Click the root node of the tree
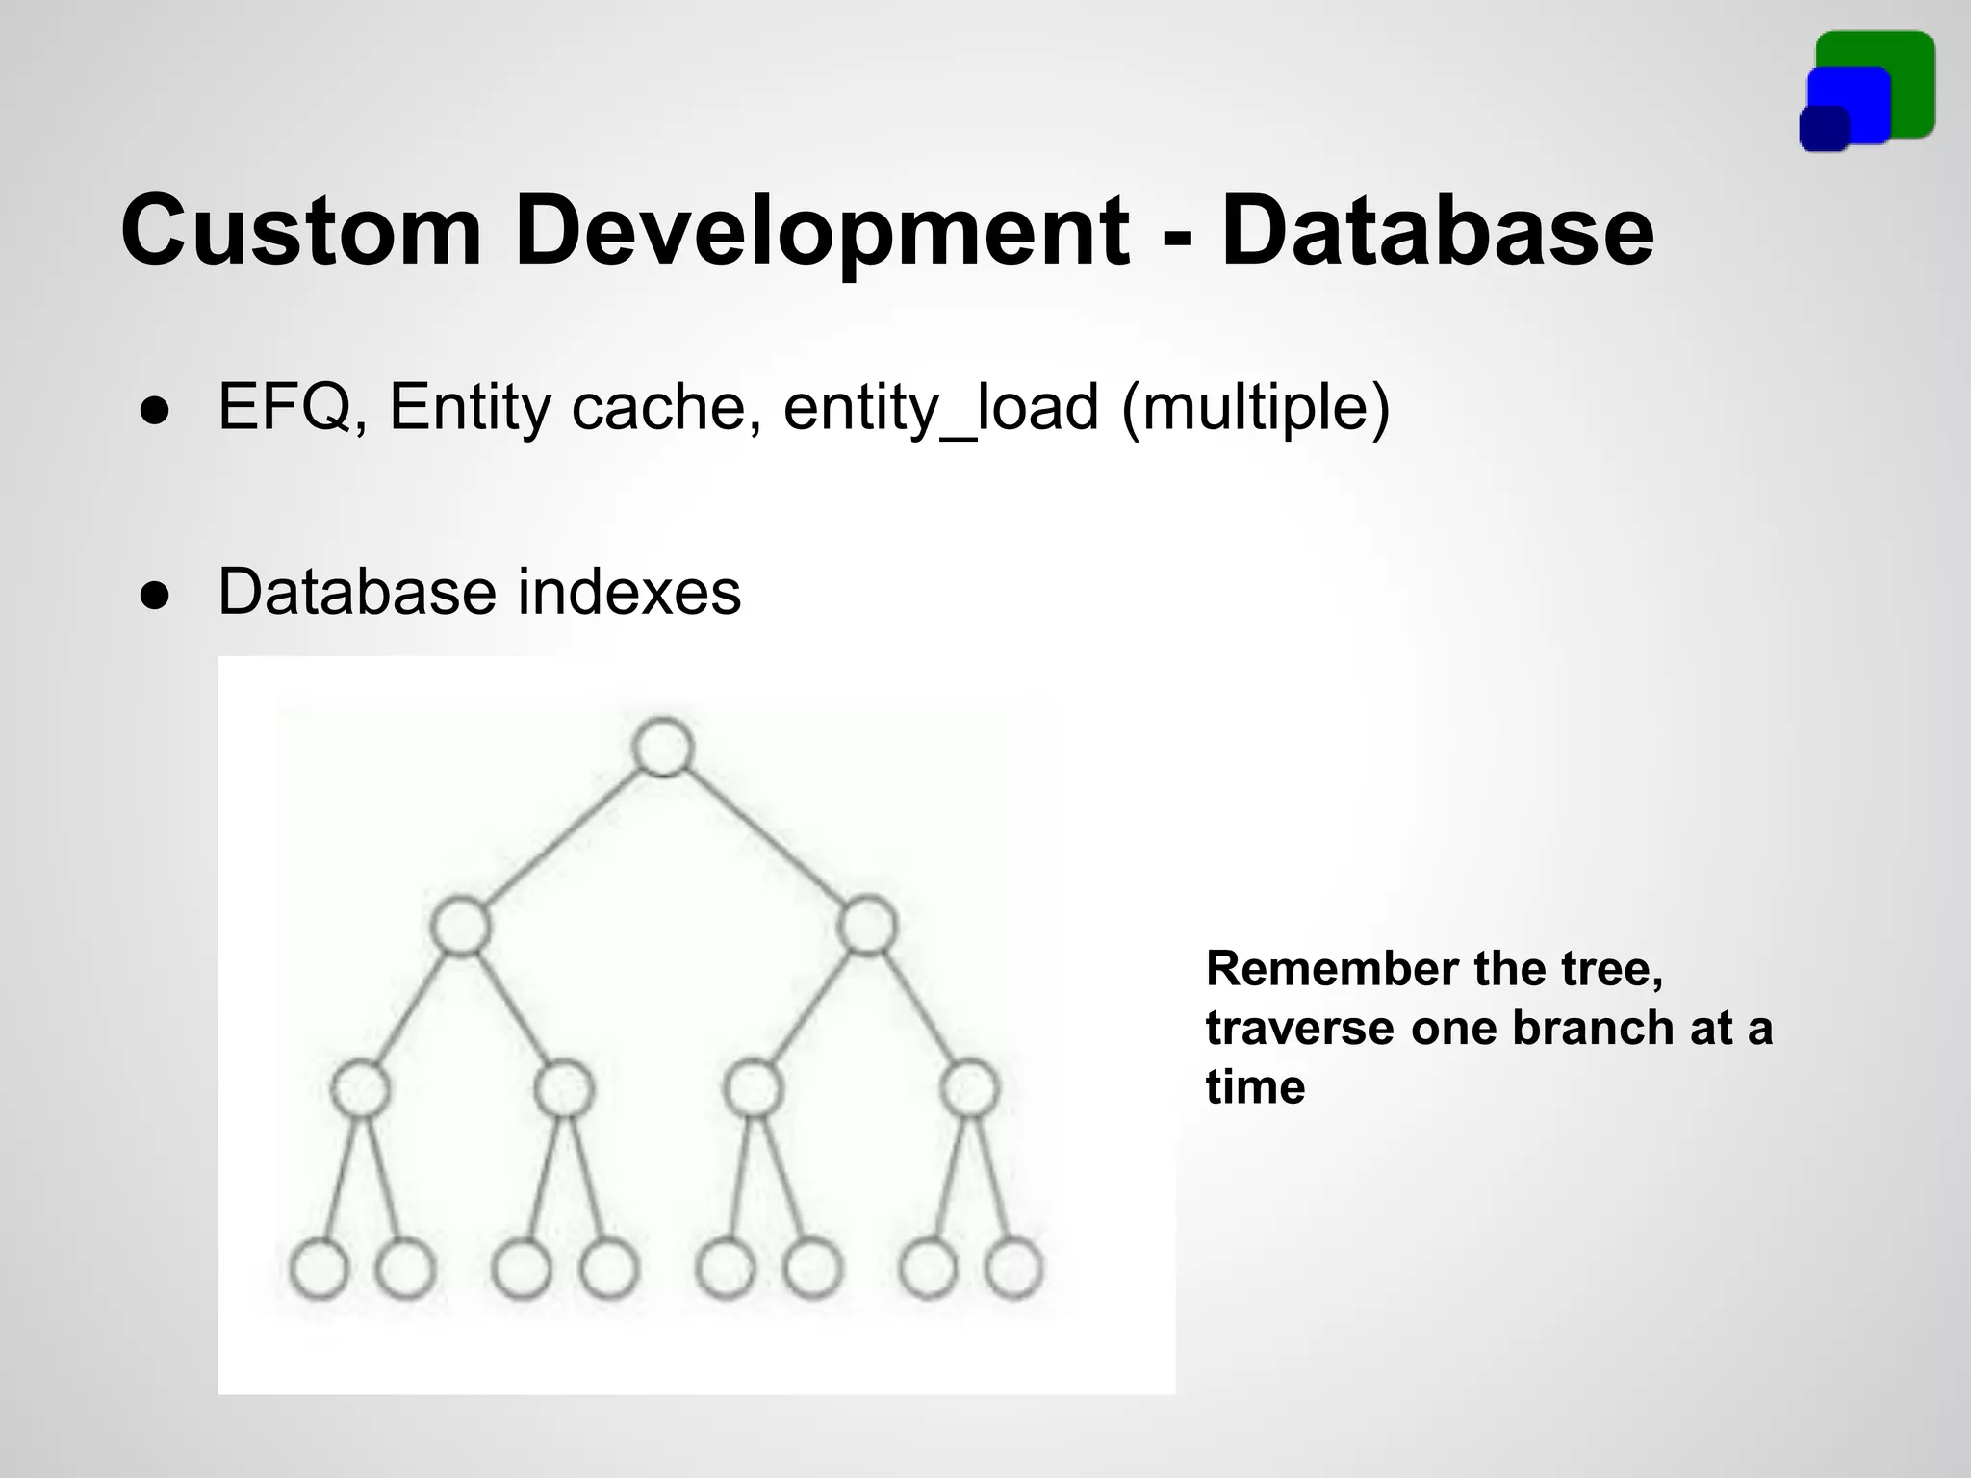(x=663, y=747)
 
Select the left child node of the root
(x=460, y=926)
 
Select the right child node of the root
(x=867, y=926)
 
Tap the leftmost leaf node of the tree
(x=319, y=1269)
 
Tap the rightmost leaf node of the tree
(x=1014, y=1269)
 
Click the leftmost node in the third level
(x=361, y=1089)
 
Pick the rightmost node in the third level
(x=969, y=1089)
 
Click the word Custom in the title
(x=300, y=232)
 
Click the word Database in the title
(x=1437, y=232)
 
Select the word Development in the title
(x=821, y=232)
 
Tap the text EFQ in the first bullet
(x=285, y=407)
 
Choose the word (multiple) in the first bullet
(x=1255, y=407)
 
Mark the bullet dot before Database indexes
(x=154, y=595)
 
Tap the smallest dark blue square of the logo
(x=1824, y=130)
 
